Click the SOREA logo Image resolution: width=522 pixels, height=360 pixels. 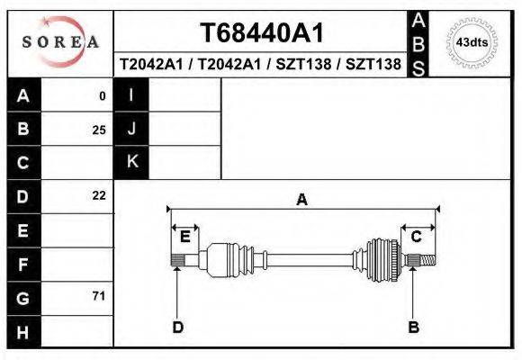(x=60, y=43)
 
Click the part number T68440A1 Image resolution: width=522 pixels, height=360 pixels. (x=261, y=33)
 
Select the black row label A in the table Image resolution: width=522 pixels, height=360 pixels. (x=23, y=95)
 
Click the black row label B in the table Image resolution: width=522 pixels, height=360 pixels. (x=23, y=130)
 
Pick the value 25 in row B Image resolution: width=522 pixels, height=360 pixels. (x=99, y=130)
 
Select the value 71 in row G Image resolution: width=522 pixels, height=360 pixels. (x=99, y=296)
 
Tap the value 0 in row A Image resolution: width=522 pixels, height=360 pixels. (x=103, y=96)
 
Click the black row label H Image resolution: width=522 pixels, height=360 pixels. (x=23, y=331)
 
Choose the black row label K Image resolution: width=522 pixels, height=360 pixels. (x=131, y=163)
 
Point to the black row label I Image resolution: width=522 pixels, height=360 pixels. (x=131, y=95)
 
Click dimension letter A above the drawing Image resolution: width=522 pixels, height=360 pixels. (x=301, y=200)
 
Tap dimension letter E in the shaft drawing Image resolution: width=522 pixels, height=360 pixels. (x=184, y=237)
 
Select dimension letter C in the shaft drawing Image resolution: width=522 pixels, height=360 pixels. (x=417, y=237)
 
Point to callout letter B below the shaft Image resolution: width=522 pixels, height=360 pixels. (x=414, y=327)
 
